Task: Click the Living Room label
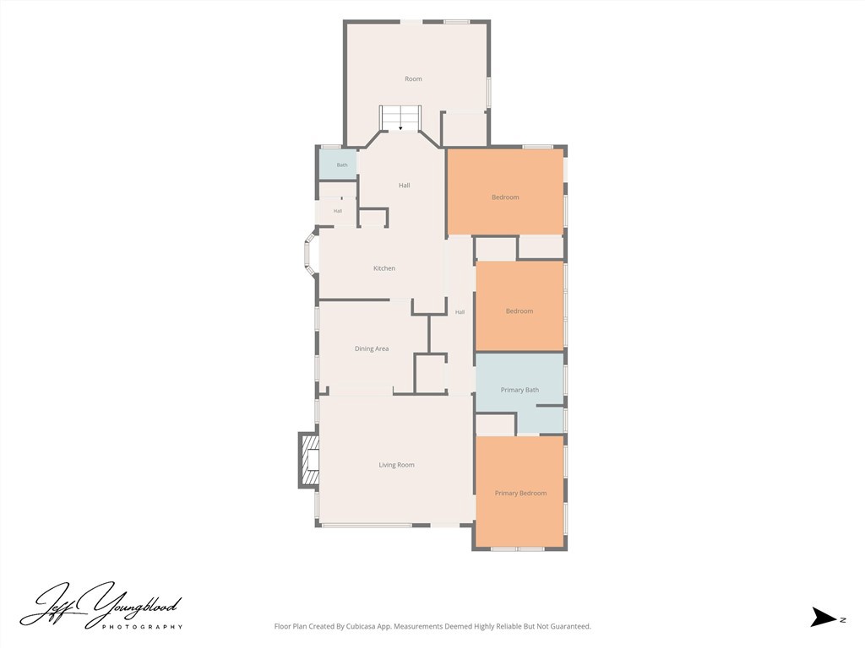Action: [x=396, y=465]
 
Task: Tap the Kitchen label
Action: [x=384, y=268]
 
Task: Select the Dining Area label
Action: [x=372, y=348]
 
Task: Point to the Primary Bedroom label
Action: [x=520, y=493]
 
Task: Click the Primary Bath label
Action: [x=520, y=390]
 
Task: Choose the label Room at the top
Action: [x=413, y=78]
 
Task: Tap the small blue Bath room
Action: [x=338, y=165]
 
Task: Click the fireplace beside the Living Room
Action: [x=309, y=461]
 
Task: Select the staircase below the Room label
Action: [x=400, y=118]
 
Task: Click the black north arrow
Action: [x=824, y=617]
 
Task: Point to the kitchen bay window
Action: [x=310, y=255]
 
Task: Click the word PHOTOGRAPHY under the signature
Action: [x=142, y=627]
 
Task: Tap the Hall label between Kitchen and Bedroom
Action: [x=460, y=312]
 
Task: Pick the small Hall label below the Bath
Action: [x=338, y=211]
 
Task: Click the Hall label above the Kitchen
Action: [x=404, y=186]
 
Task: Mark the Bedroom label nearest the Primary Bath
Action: [x=520, y=311]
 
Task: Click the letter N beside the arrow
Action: [x=843, y=620]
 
